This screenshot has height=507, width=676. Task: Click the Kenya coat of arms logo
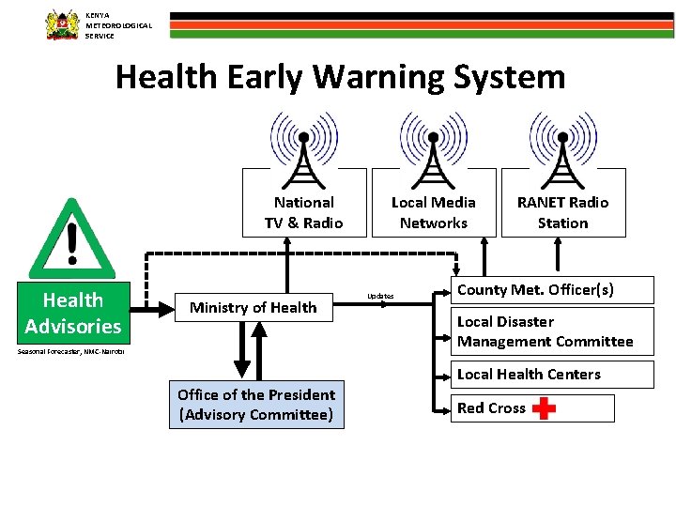tap(63, 24)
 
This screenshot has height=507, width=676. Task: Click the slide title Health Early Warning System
tap(340, 76)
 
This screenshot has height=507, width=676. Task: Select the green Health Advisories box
tap(73, 313)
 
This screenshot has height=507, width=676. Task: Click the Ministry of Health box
tap(253, 307)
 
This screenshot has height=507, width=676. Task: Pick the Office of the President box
tap(256, 405)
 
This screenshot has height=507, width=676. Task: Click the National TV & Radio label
tap(303, 213)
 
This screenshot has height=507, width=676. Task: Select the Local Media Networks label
tap(433, 213)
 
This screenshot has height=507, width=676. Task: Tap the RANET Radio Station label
tap(562, 213)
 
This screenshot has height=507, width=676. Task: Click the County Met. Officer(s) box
tap(535, 290)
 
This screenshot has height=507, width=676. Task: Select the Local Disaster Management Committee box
tap(545, 332)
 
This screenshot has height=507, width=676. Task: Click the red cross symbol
tap(544, 408)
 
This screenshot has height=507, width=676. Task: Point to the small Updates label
tap(380, 296)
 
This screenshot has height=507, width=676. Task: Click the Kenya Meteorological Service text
tap(118, 25)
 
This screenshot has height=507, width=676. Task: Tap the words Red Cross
tap(491, 408)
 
